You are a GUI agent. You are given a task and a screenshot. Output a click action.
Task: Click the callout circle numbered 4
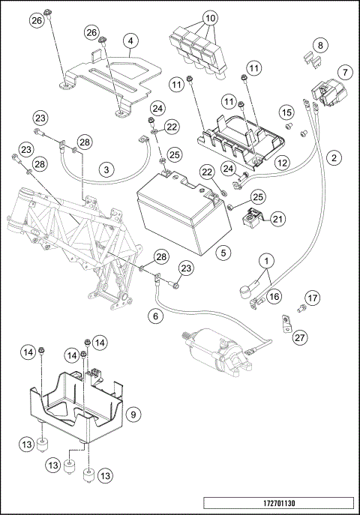tap(130, 41)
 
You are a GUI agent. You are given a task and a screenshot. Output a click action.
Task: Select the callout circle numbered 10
tap(210, 18)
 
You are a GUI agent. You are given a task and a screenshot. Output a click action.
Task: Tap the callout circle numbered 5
tap(223, 253)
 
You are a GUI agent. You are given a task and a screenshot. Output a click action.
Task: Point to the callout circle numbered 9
tap(133, 414)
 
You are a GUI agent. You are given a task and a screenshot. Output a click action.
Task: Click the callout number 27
tap(299, 337)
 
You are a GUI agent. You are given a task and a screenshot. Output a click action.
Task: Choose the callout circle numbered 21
tap(277, 219)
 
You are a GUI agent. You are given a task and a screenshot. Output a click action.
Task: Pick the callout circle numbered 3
tap(106, 170)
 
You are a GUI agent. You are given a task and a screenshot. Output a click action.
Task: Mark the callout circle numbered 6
tap(155, 316)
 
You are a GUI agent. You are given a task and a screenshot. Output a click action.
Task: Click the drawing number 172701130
tap(279, 503)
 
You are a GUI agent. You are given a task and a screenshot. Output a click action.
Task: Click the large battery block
tap(184, 214)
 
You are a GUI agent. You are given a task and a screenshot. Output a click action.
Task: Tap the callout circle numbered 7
tap(345, 72)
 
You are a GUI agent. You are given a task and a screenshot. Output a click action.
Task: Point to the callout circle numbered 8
tap(320, 45)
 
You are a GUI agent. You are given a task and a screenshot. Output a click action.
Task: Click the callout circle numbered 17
tap(312, 298)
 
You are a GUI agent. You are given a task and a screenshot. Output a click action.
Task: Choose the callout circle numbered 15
tap(286, 112)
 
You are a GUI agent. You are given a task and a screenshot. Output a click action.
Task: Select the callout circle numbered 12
tap(282, 163)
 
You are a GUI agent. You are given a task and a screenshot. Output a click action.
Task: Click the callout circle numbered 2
tap(334, 157)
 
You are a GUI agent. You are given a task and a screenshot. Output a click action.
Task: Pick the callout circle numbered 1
tap(266, 261)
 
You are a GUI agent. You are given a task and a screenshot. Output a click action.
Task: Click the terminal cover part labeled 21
tap(251, 217)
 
